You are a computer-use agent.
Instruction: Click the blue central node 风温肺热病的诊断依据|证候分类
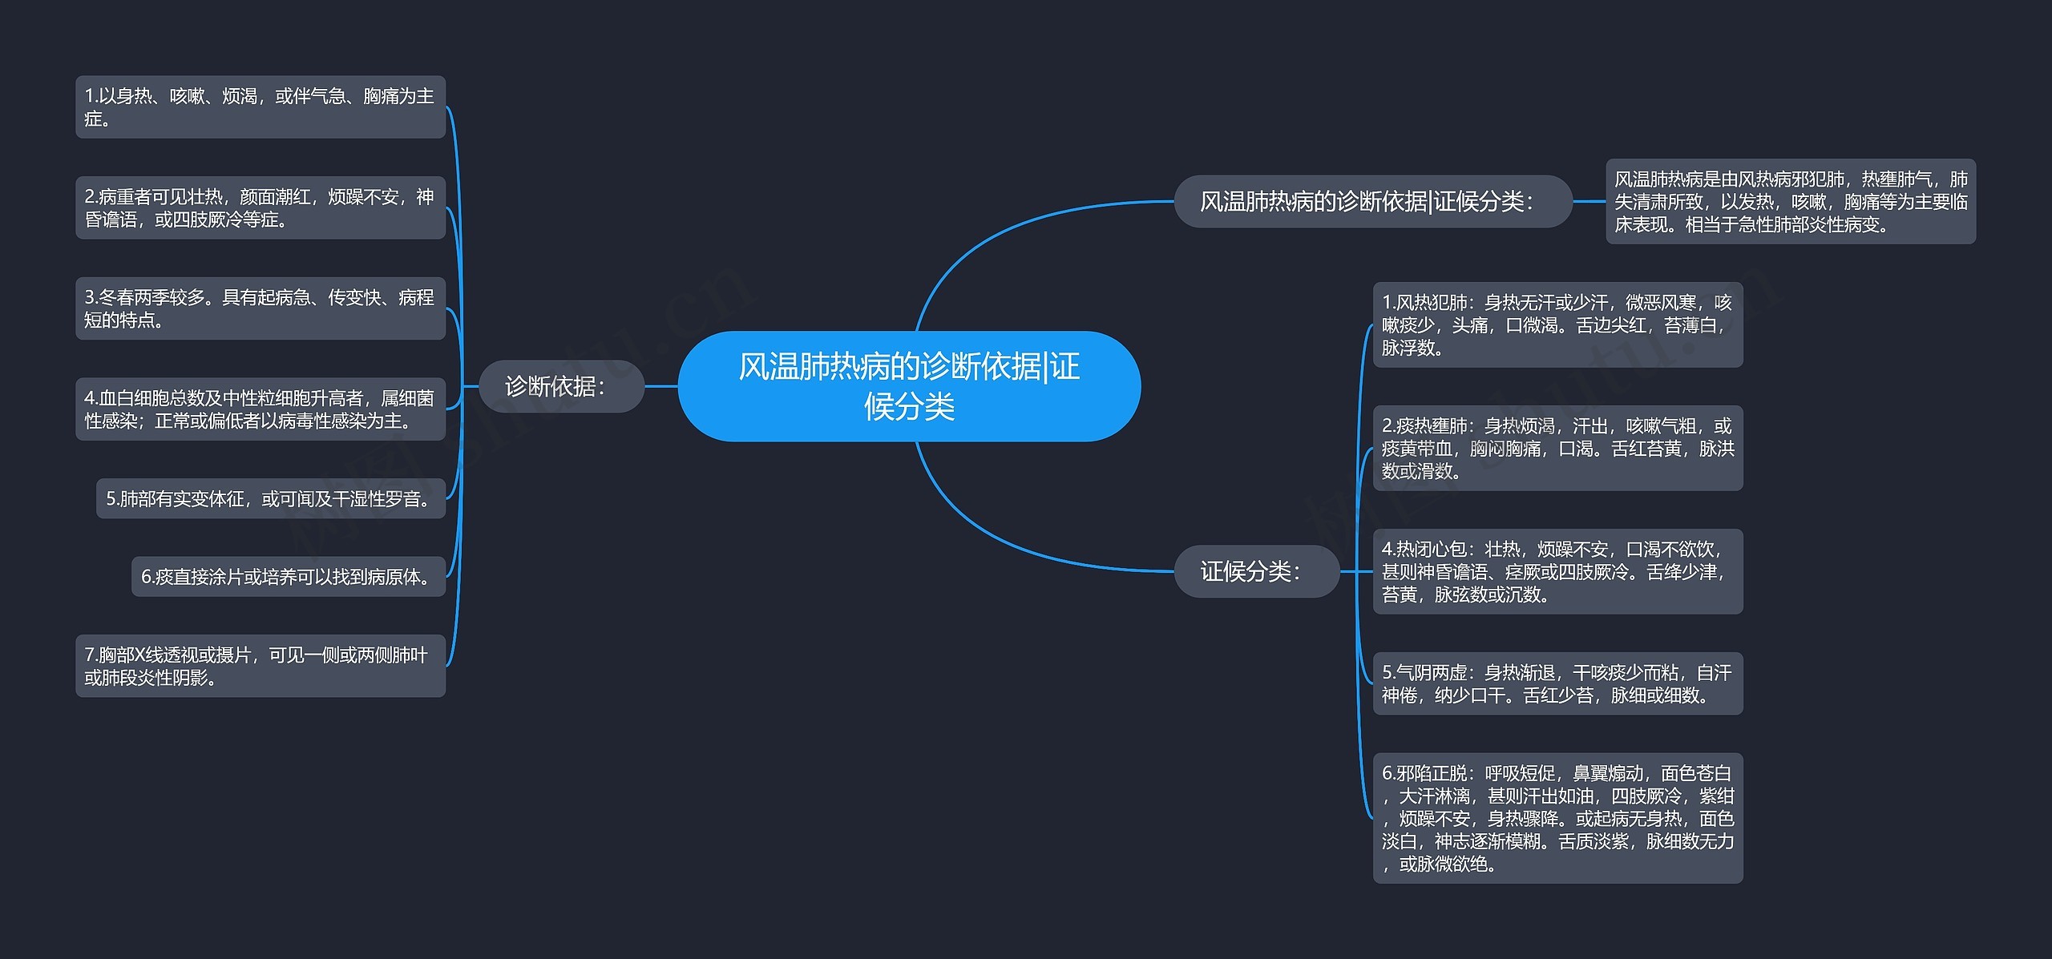click(x=909, y=386)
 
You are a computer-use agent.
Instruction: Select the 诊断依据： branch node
click(x=561, y=386)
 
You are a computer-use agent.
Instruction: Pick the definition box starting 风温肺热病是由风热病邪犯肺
click(x=1790, y=201)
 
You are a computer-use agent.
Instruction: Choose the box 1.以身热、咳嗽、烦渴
click(x=260, y=107)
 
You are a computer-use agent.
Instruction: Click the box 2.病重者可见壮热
click(x=260, y=208)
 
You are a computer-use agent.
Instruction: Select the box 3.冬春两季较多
click(x=260, y=308)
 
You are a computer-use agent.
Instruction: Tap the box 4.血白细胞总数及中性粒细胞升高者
click(x=260, y=409)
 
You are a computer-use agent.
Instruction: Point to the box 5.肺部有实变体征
click(x=270, y=498)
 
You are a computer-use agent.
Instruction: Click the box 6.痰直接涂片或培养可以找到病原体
click(x=288, y=576)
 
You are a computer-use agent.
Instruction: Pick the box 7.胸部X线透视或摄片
click(x=260, y=666)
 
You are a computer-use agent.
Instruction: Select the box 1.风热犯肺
click(x=1557, y=324)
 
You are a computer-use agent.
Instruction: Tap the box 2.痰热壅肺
click(x=1557, y=448)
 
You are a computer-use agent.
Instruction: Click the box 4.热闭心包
click(x=1557, y=571)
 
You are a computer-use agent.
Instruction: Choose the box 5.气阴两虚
click(x=1557, y=683)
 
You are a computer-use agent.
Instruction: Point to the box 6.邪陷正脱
click(x=1557, y=818)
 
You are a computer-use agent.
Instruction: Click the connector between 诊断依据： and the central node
click(x=661, y=386)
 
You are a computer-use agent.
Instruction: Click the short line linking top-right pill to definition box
click(x=1589, y=201)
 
